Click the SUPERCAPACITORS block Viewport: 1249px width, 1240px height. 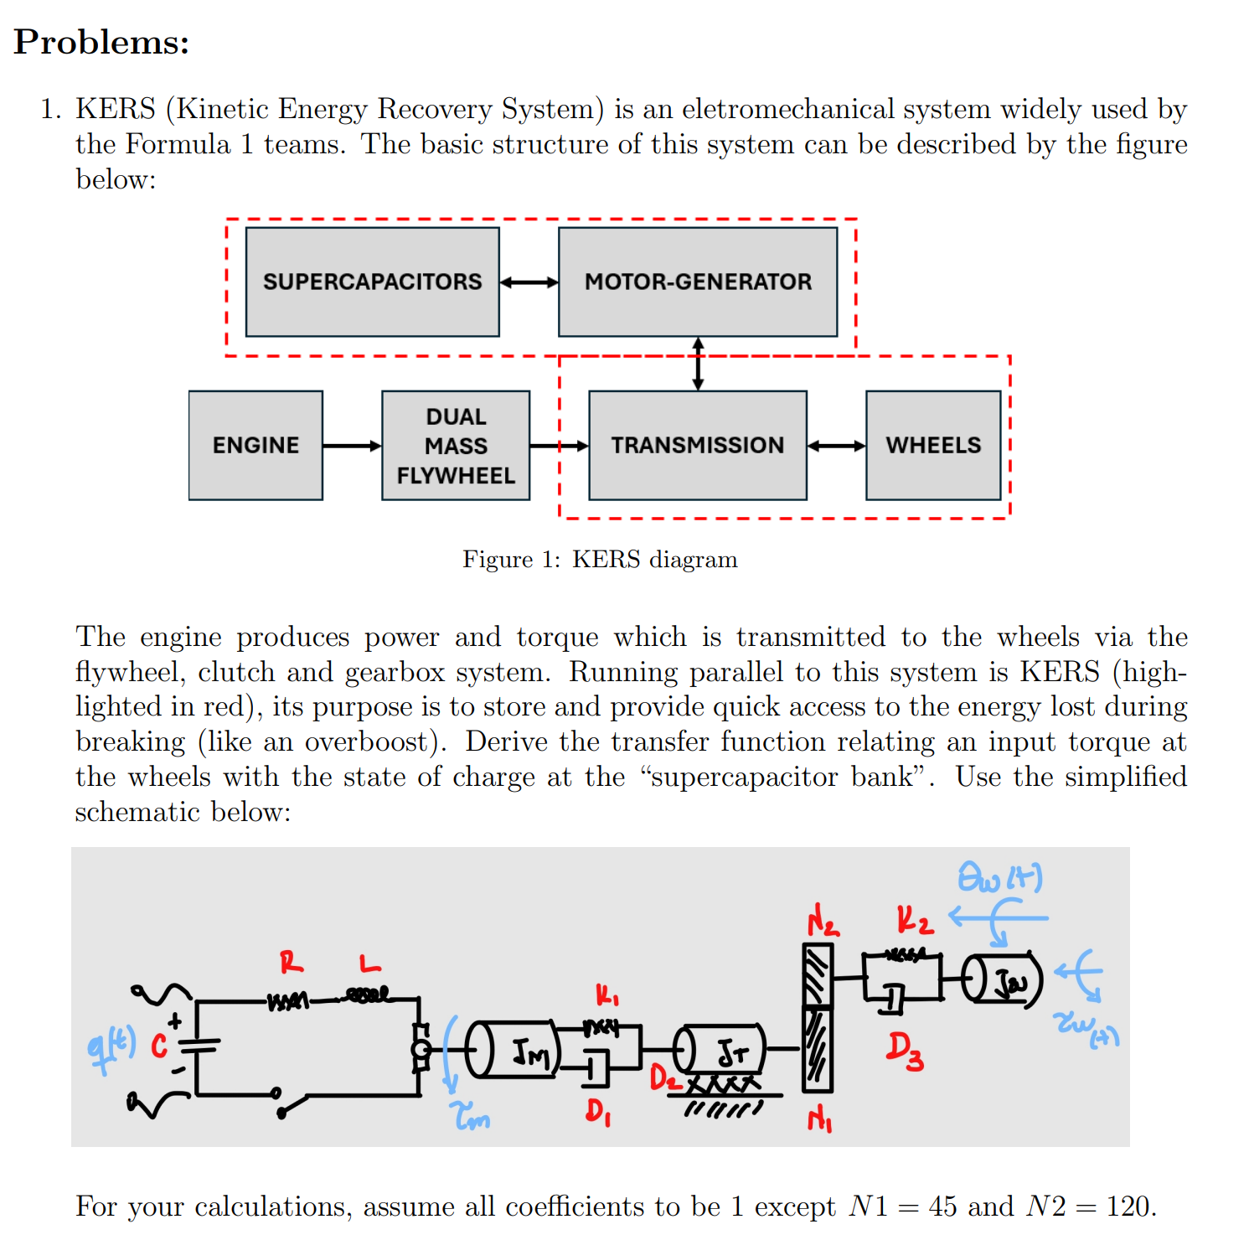pyautogui.click(x=372, y=282)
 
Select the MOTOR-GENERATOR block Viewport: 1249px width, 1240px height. pyautogui.click(x=698, y=282)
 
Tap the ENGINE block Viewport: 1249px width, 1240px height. pyautogui.click(x=255, y=446)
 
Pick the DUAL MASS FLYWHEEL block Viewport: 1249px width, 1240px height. pyautogui.click(x=456, y=446)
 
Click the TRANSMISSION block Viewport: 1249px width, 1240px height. pyautogui.click(x=698, y=446)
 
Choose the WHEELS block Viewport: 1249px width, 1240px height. pyautogui.click(x=933, y=446)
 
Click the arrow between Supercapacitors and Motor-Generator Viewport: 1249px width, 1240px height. pyautogui.click(x=529, y=282)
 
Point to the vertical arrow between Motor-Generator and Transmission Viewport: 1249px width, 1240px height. pyautogui.click(x=698, y=364)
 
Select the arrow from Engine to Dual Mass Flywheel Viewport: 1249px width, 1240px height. pyautogui.click(x=352, y=446)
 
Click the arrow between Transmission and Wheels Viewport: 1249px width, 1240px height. pyautogui.click(x=836, y=446)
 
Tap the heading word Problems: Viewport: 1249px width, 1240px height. pyautogui.click(x=101, y=42)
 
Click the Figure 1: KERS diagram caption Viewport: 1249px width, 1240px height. pyautogui.click(x=600, y=560)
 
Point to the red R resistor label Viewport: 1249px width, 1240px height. pyautogui.click(x=292, y=963)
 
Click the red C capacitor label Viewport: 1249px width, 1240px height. pyautogui.click(x=159, y=1046)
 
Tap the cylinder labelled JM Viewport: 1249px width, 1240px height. pyautogui.click(x=513, y=1049)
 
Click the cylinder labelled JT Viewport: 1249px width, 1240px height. pyautogui.click(x=720, y=1051)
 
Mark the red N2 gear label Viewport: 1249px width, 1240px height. pyautogui.click(x=822, y=922)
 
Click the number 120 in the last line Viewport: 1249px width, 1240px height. pyautogui.click(x=1128, y=1206)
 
